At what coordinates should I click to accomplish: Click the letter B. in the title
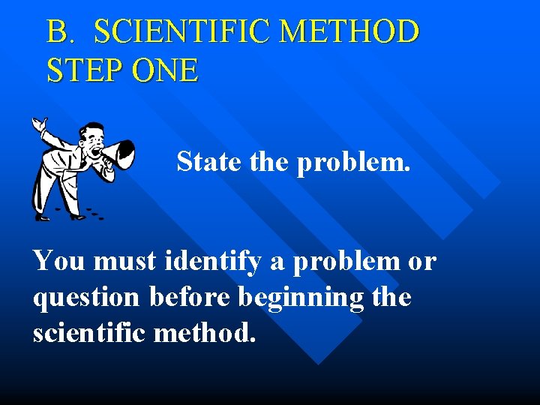[x=61, y=32]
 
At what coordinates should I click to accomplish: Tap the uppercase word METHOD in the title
[x=347, y=32]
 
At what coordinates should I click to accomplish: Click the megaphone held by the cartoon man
[x=118, y=154]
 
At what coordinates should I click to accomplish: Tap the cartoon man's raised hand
[x=38, y=126]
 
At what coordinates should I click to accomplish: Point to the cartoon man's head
[x=94, y=137]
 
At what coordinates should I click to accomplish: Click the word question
[x=86, y=298]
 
